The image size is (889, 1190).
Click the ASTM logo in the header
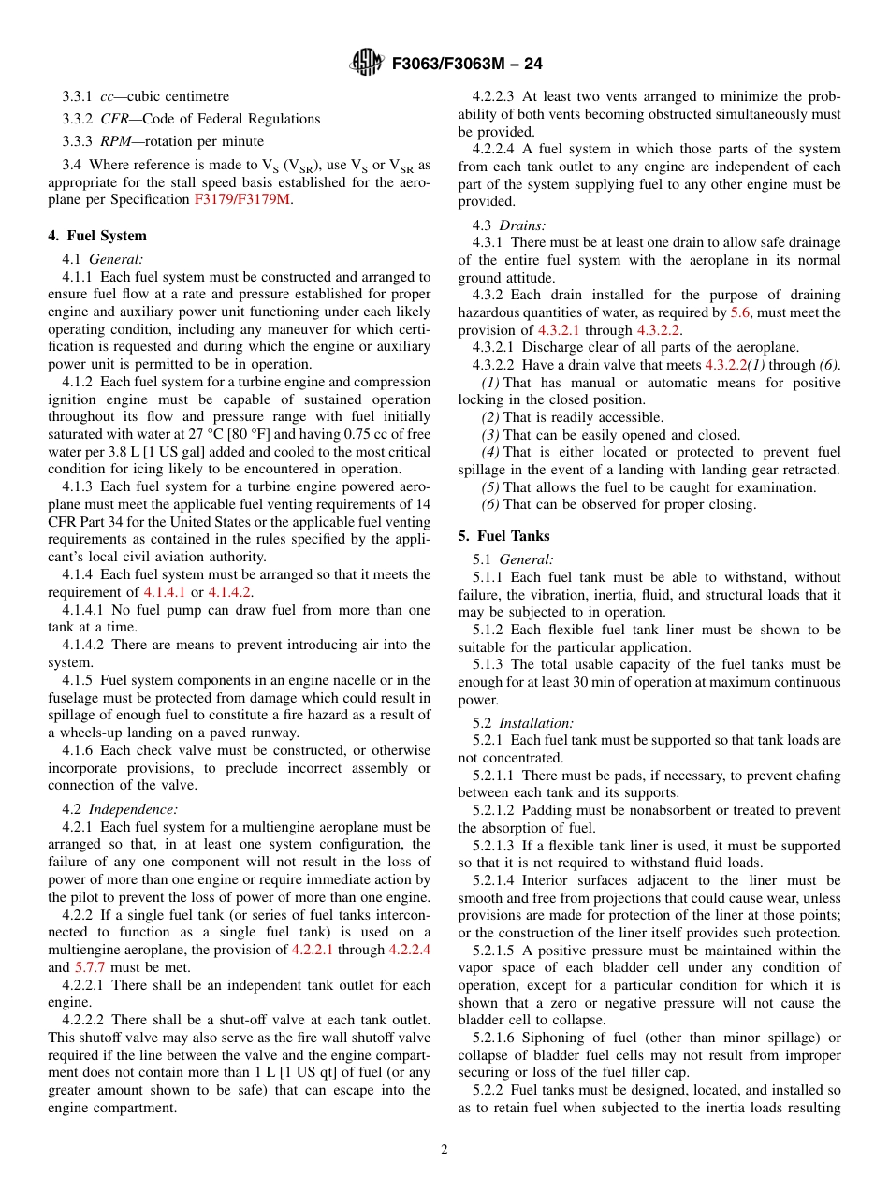(x=365, y=64)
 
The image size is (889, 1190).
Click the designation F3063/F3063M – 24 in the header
(x=467, y=65)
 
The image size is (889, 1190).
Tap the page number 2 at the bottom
(x=444, y=1150)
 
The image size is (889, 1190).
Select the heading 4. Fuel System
(x=97, y=236)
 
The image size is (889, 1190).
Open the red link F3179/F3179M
(x=242, y=200)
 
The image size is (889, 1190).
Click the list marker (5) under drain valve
(x=490, y=487)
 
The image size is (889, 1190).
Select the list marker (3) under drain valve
(x=490, y=435)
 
